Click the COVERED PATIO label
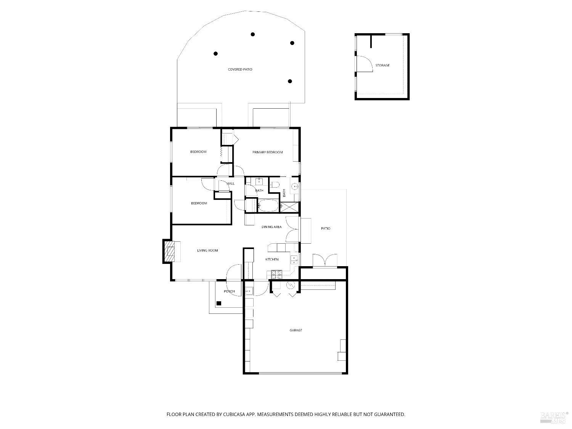pyautogui.click(x=240, y=69)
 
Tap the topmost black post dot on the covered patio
pyautogui.click(x=252, y=34)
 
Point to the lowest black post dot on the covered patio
pyautogui.click(x=290, y=81)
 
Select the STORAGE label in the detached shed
pyautogui.click(x=382, y=66)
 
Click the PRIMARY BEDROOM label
pyautogui.click(x=267, y=152)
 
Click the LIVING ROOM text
pyautogui.click(x=207, y=251)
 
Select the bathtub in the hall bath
pyautogui.click(x=269, y=206)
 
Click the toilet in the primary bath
pyautogui.click(x=275, y=185)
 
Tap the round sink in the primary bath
pyautogui.click(x=294, y=186)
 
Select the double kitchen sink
pyautogui.click(x=294, y=260)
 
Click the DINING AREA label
pyautogui.click(x=272, y=227)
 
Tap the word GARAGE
pyautogui.click(x=296, y=330)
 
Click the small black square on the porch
pyautogui.click(x=219, y=304)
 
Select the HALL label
pyautogui.click(x=230, y=183)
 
